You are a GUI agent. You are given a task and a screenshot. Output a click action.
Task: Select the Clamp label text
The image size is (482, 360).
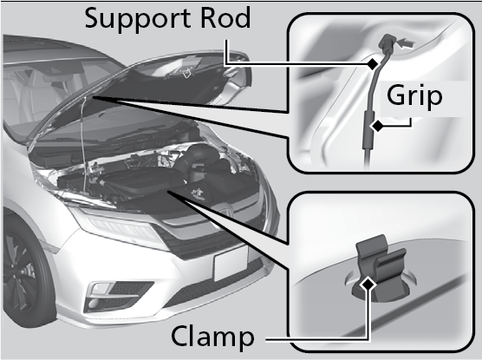(x=212, y=336)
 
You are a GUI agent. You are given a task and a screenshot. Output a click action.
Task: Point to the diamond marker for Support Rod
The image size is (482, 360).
(x=373, y=63)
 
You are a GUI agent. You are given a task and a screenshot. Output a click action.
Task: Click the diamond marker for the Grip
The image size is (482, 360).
(x=377, y=126)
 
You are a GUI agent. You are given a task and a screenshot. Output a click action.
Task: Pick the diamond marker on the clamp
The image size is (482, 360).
(x=368, y=285)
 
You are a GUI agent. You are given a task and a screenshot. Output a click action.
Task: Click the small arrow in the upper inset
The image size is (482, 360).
(x=406, y=43)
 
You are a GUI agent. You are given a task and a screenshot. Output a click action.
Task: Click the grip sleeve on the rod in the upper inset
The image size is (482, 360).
(x=368, y=129)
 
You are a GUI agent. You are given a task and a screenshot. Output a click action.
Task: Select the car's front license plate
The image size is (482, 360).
(x=231, y=263)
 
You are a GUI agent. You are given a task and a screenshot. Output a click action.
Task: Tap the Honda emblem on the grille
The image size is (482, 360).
(x=226, y=213)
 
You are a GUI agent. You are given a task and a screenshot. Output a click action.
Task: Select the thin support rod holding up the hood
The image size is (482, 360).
(x=83, y=144)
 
